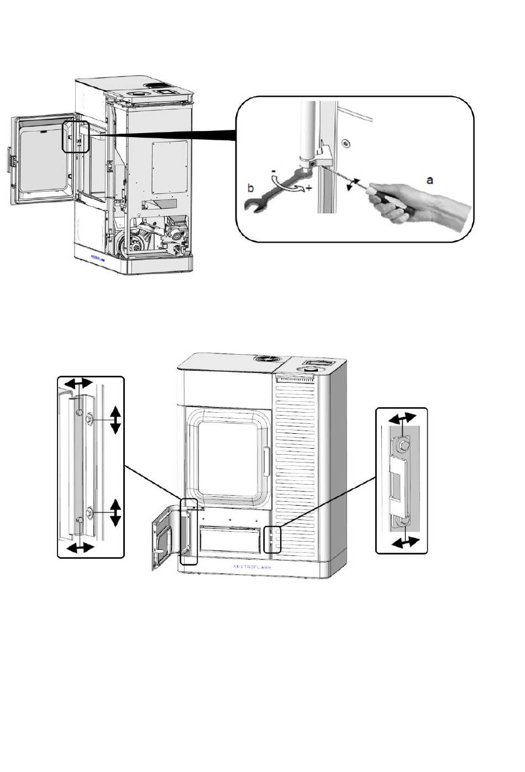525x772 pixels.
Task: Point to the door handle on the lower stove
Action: tap(266, 461)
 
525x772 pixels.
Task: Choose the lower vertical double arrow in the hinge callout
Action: tap(115, 512)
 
